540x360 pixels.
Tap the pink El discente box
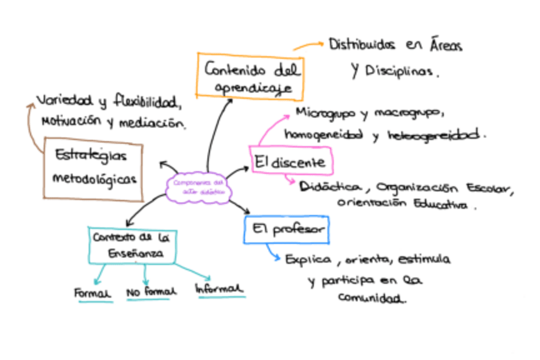[290, 162]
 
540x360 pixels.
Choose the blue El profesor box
[286, 229]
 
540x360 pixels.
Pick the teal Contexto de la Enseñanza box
[131, 245]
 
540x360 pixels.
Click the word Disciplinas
[401, 71]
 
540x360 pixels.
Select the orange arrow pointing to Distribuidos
[308, 46]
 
